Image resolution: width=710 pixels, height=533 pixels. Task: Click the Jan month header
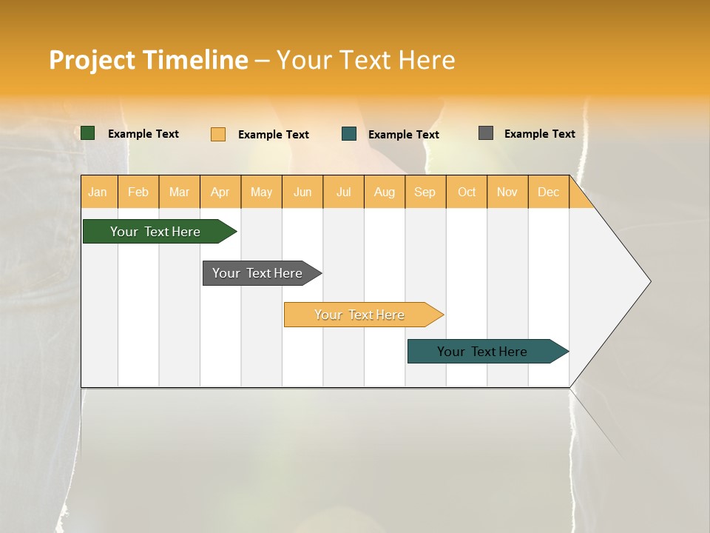click(98, 192)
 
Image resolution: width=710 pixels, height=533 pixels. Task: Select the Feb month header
click(138, 192)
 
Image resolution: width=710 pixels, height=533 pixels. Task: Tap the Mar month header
click(179, 192)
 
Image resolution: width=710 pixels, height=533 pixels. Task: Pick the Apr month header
click(220, 192)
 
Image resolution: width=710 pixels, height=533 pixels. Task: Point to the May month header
click(261, 192)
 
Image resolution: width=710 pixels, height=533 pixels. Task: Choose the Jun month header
click(302, 192)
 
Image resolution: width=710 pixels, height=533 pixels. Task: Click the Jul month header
click(343, 192)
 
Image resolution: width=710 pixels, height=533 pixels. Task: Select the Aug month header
click(385, 192)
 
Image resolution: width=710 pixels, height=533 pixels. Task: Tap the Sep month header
click(425, 192)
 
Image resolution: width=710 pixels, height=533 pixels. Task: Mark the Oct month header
click(467, 192)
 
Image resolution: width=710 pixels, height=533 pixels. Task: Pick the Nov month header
click(507, 192)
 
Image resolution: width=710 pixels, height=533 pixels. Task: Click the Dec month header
click(548, 192)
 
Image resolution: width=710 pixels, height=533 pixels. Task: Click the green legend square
click(88, 133)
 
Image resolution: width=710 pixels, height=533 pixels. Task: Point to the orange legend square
click(218, 134)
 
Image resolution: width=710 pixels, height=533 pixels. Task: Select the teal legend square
click(349, 134)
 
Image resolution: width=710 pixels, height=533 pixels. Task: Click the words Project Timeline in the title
click(148, 60)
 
